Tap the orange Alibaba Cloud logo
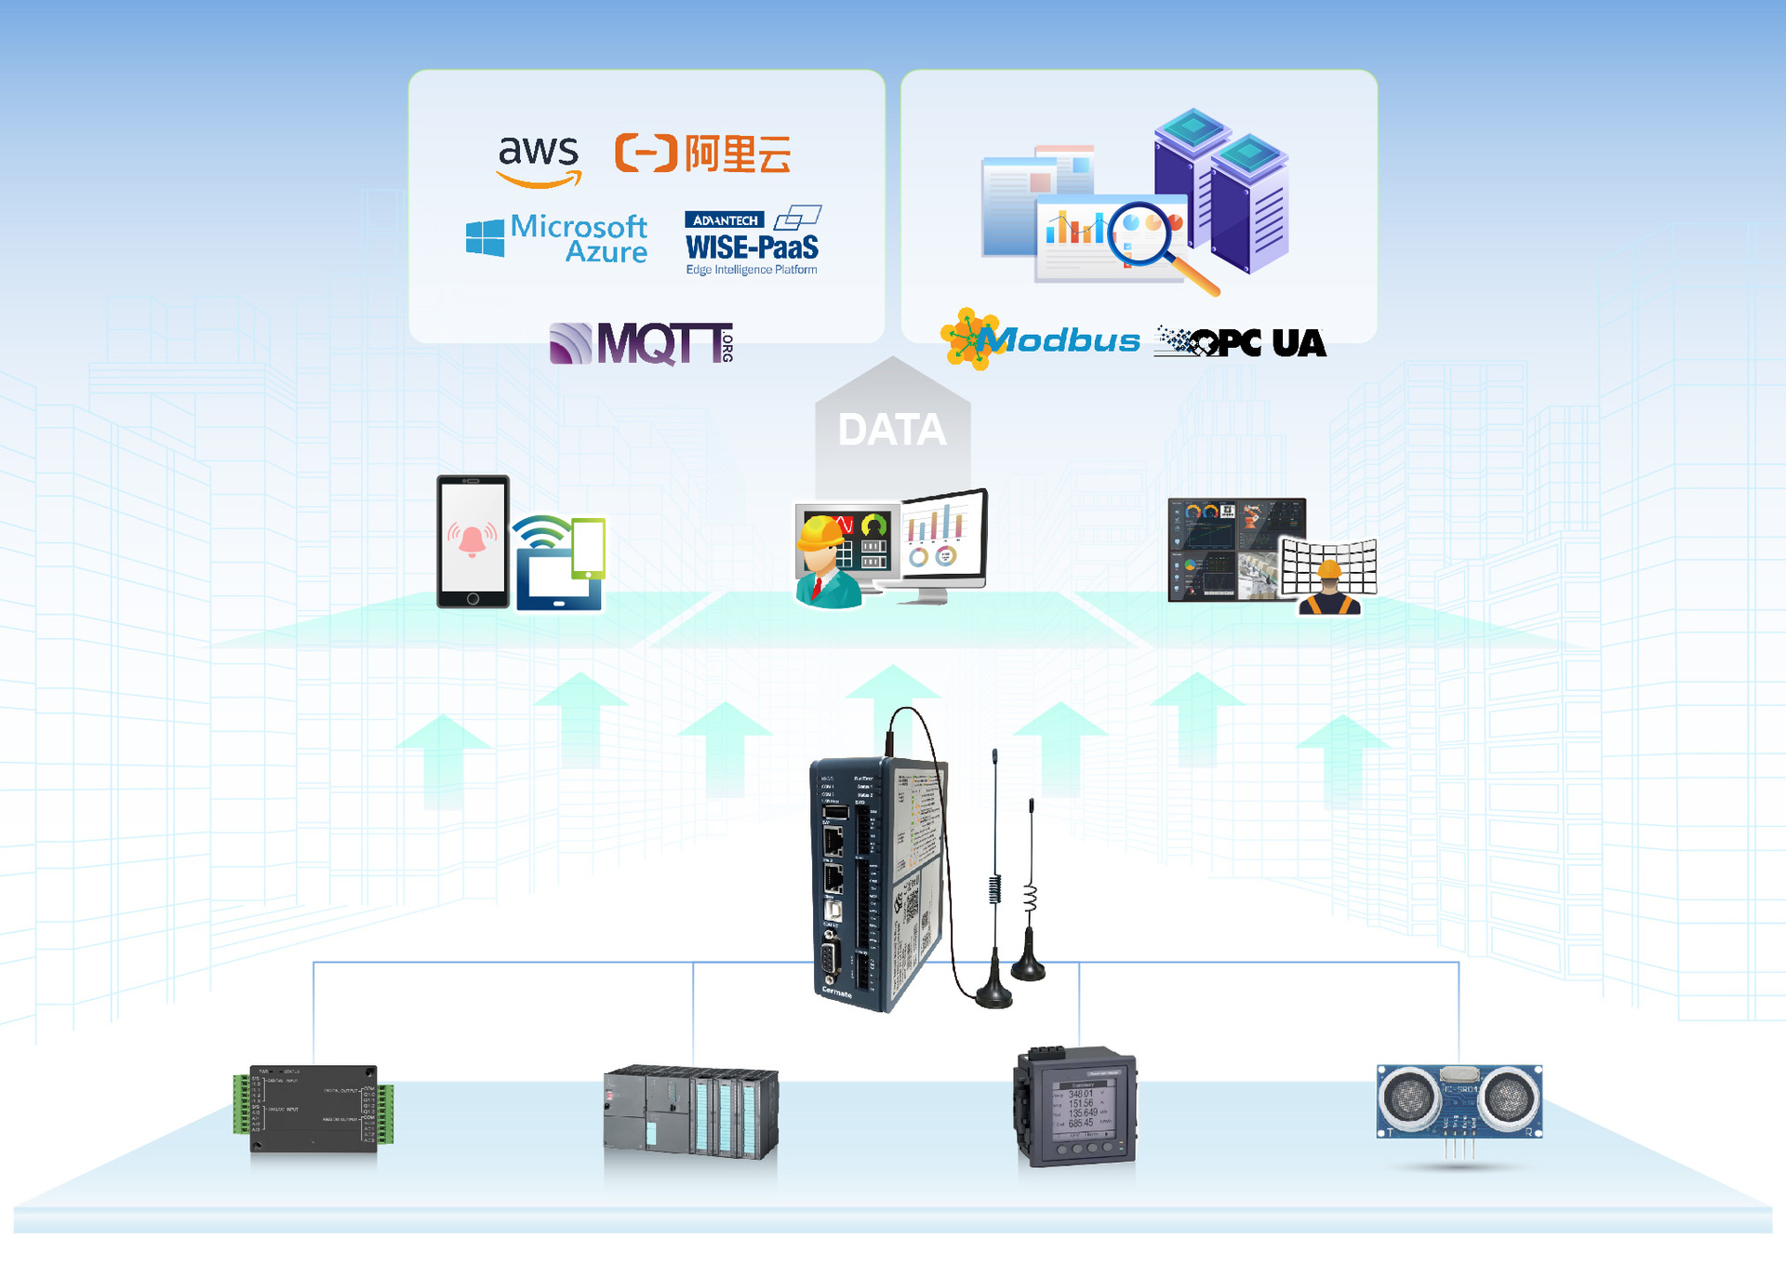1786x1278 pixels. (702, 153)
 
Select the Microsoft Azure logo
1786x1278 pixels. (557, 238)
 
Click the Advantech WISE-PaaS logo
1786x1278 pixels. (753, 241)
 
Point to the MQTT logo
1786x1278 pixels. (642, 343)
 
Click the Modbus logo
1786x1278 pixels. (1040, 339)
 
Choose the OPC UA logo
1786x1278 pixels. (1240, 342)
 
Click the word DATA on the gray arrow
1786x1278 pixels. (891, 430)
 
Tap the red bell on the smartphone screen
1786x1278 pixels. (472, 539)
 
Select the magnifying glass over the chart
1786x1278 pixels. (1153, 241)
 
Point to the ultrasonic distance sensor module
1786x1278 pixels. (1459, 1104)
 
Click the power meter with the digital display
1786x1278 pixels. (1075, 1108)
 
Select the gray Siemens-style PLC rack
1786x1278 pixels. (690, 1112)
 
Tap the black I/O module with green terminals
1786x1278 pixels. (313, 1109)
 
